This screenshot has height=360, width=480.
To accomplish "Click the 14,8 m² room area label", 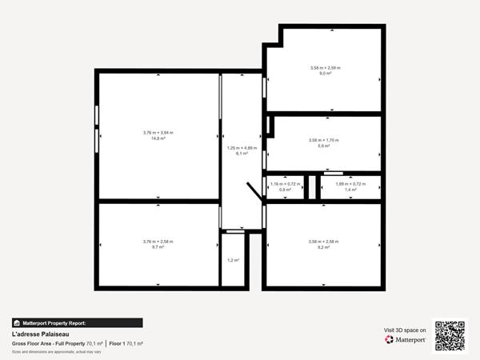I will point(158,138).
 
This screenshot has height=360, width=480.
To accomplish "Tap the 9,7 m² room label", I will point(158,247).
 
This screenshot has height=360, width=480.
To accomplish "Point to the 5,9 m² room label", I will point(324,146).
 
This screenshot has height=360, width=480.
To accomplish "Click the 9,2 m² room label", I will point(324,247).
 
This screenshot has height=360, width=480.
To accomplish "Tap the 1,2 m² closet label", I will point(233,260).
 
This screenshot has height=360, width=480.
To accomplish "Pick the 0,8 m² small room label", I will point(285,190).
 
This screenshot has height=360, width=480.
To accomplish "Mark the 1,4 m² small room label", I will point(350,190).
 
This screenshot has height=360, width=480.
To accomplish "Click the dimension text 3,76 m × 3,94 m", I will point(158,132).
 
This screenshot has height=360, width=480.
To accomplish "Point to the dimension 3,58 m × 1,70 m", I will point(324,140).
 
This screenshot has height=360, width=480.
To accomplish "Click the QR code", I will point(449,336).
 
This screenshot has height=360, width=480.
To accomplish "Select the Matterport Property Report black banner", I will point(77,322).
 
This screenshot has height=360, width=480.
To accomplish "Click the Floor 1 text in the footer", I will point(117,343).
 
